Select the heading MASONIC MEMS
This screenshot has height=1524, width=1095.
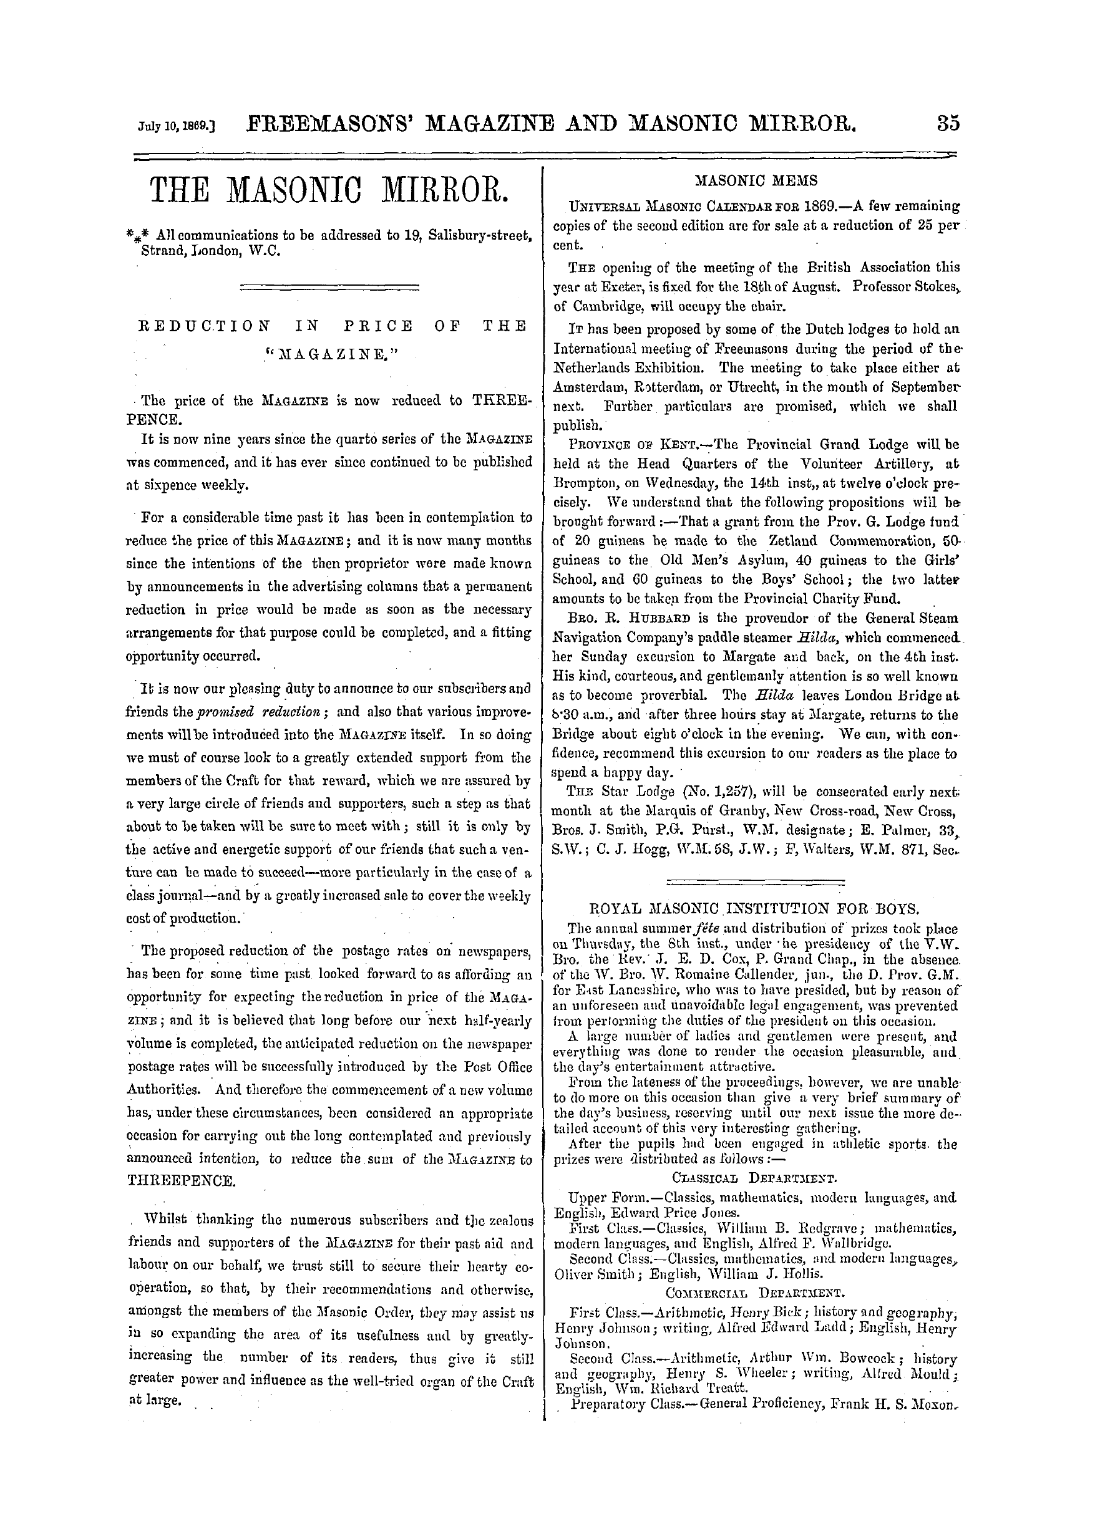click(756, 181)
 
